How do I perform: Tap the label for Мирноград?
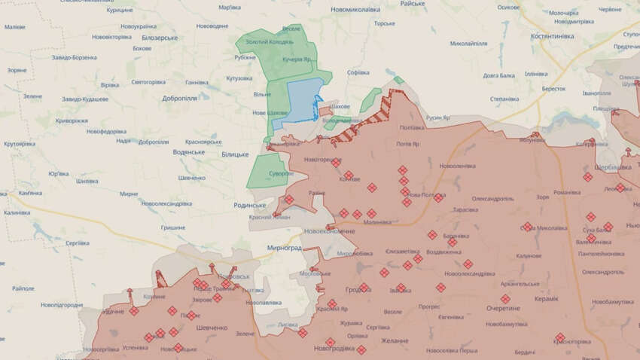(284, 248)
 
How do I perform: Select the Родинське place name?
(249, 205)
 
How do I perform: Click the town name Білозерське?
(159, 38)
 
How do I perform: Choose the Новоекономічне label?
(330, 231)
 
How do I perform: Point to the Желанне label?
(395, 341)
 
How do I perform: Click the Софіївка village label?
(358, 73)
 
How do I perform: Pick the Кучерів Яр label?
(297, 59)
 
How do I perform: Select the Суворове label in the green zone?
(281, 173)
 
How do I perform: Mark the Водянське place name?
(188, 152)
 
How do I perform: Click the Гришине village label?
(173, 227)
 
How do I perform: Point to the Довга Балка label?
(498, 75)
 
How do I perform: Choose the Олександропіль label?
(492, 199)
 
